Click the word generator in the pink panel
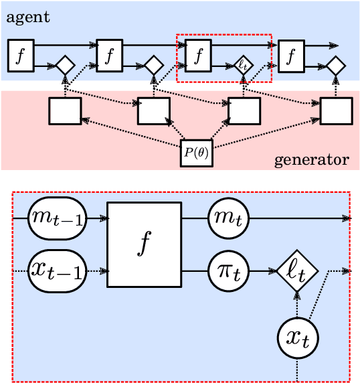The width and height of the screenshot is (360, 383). [311, 160]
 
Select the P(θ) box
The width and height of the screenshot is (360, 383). [197, 153]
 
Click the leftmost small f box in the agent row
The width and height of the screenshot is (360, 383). [20, 56]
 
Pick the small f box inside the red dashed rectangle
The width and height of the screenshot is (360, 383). [198, 56]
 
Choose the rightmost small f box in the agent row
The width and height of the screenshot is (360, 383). [290, 56]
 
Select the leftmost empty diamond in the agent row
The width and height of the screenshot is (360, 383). [65, 66]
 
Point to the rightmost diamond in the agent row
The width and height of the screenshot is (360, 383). [335, 66]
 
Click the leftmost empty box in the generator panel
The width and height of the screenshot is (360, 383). [65, 110]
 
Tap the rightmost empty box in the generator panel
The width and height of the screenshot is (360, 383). [336, 110]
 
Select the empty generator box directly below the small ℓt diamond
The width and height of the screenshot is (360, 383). [244, 110]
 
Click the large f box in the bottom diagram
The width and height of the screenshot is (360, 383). [144, 244]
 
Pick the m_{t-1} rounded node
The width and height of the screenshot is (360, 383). [56, 218]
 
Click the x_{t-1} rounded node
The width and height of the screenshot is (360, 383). [56, 271]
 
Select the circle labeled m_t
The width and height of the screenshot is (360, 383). [228, 218]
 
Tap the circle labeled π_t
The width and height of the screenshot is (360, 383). [228, 271]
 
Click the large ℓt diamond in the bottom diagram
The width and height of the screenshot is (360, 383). [297, 271]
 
